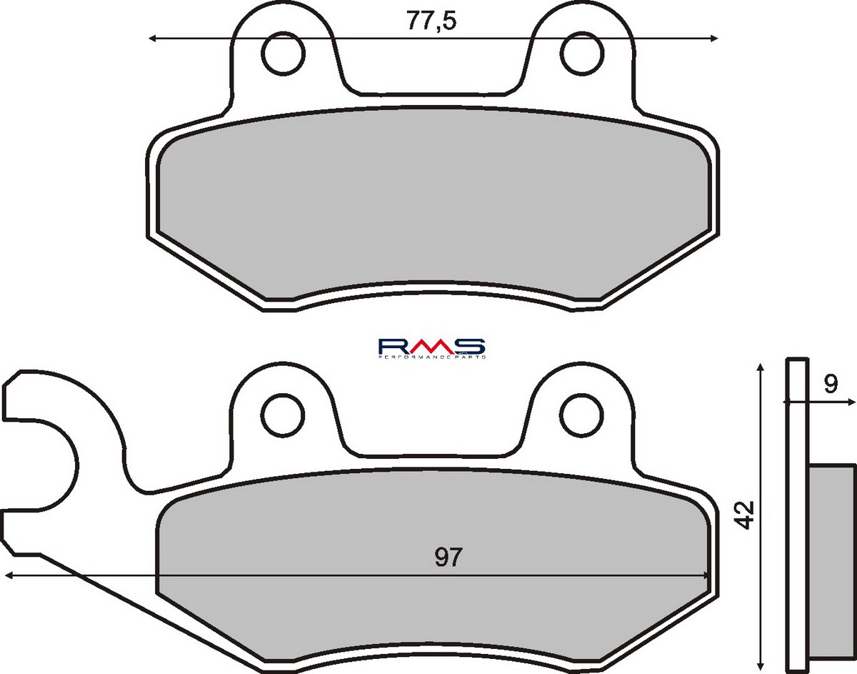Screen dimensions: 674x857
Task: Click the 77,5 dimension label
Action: click(431, 21)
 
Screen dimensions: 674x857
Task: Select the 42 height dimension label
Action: click(746, 515)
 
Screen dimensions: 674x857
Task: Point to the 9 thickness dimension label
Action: click(829, 385)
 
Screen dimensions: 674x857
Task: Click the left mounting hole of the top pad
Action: click(284, 52)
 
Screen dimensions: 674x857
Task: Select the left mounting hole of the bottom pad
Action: click(284, 413)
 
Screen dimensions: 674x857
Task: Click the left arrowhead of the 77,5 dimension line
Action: click(153, 39)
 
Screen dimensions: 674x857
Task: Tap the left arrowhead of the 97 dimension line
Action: click(9, 575)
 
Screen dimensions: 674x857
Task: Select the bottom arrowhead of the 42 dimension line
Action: click(761, 663)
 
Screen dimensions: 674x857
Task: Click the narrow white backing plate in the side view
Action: click(797, 515)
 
